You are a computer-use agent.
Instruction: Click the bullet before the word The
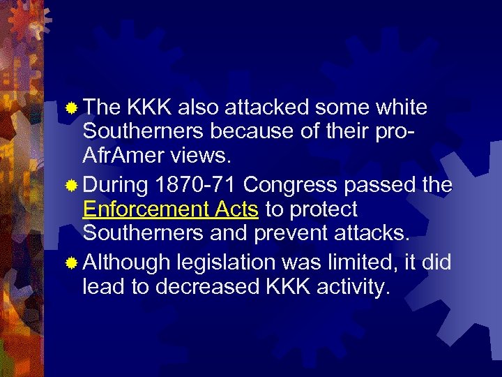point(73,108)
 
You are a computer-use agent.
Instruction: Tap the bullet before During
point(73,186)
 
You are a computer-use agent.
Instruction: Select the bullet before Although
point(73,264)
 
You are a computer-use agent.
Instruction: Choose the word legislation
point(227,264)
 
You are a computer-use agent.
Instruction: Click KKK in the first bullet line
point(150,108)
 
